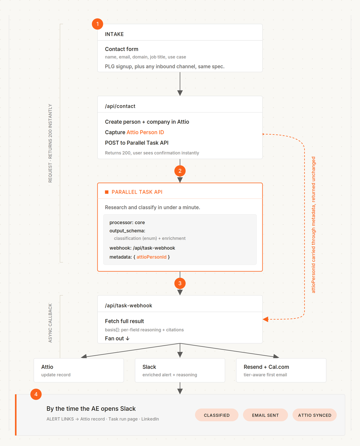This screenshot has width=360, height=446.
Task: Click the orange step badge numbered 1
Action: click(x=97, y=24)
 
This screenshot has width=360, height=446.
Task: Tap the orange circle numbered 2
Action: click(x=180, y=171)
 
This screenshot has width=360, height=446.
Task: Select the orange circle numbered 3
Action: click(x=180, y=283)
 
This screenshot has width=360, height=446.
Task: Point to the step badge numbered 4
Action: click(x=36, y=394)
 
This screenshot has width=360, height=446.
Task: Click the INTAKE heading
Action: click(x=114, y=34)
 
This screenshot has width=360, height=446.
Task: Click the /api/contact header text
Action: click(x=120, y=106)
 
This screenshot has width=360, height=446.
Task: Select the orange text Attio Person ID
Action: click(x=145, y=132)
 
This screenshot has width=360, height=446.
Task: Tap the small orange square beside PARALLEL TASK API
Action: click(x=107, y=192)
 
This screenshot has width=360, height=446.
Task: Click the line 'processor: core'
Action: click(x=127, y=222)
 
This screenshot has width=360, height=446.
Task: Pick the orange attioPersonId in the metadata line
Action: click(x=151, y=257)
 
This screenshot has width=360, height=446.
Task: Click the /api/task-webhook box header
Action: click(x=128, y=306)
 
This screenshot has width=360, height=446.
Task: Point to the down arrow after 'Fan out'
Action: click(x=128, y=339)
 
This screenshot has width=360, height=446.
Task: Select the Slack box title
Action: click(x=149, y=367)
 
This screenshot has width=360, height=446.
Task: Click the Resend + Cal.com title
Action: click(x=266, y=367)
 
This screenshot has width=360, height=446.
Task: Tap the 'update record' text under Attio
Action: click(x=56, y=375)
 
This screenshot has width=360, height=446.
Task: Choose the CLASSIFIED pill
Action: click(x=217, y=415)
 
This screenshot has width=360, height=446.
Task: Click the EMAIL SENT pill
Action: click(x=265, y=415)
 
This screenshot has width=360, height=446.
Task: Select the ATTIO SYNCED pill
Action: click(x=315, y=415)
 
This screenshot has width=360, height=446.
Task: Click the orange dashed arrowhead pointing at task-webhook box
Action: click(x=266, y=319)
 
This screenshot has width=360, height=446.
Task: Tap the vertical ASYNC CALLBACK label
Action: click(x=50, y=323)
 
